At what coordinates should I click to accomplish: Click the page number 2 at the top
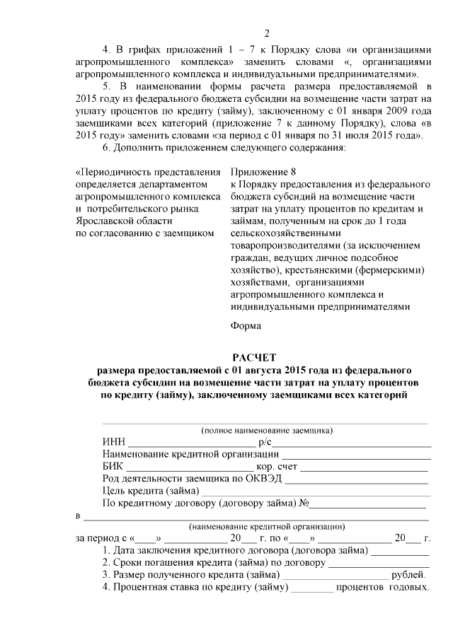tap(267, 34)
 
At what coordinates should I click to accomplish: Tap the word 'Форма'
tap(246, 326)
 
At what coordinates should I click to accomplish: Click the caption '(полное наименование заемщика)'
tap(267, 430)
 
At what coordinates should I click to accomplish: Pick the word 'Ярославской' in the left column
tap(104, 220)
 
